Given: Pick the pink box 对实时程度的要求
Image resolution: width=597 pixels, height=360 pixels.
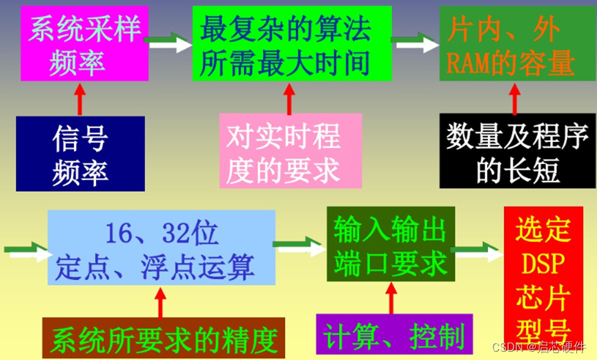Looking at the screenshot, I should (x=291, y=151).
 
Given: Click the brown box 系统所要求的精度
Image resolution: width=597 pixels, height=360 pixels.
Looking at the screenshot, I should (x=164, y=338).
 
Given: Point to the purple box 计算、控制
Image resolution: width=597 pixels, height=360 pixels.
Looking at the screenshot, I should (x=394, y=335).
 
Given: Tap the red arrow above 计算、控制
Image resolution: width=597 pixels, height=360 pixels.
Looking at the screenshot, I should (x=391, y=297).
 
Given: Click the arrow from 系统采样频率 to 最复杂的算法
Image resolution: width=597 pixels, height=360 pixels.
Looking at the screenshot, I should (x=168, y=43).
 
